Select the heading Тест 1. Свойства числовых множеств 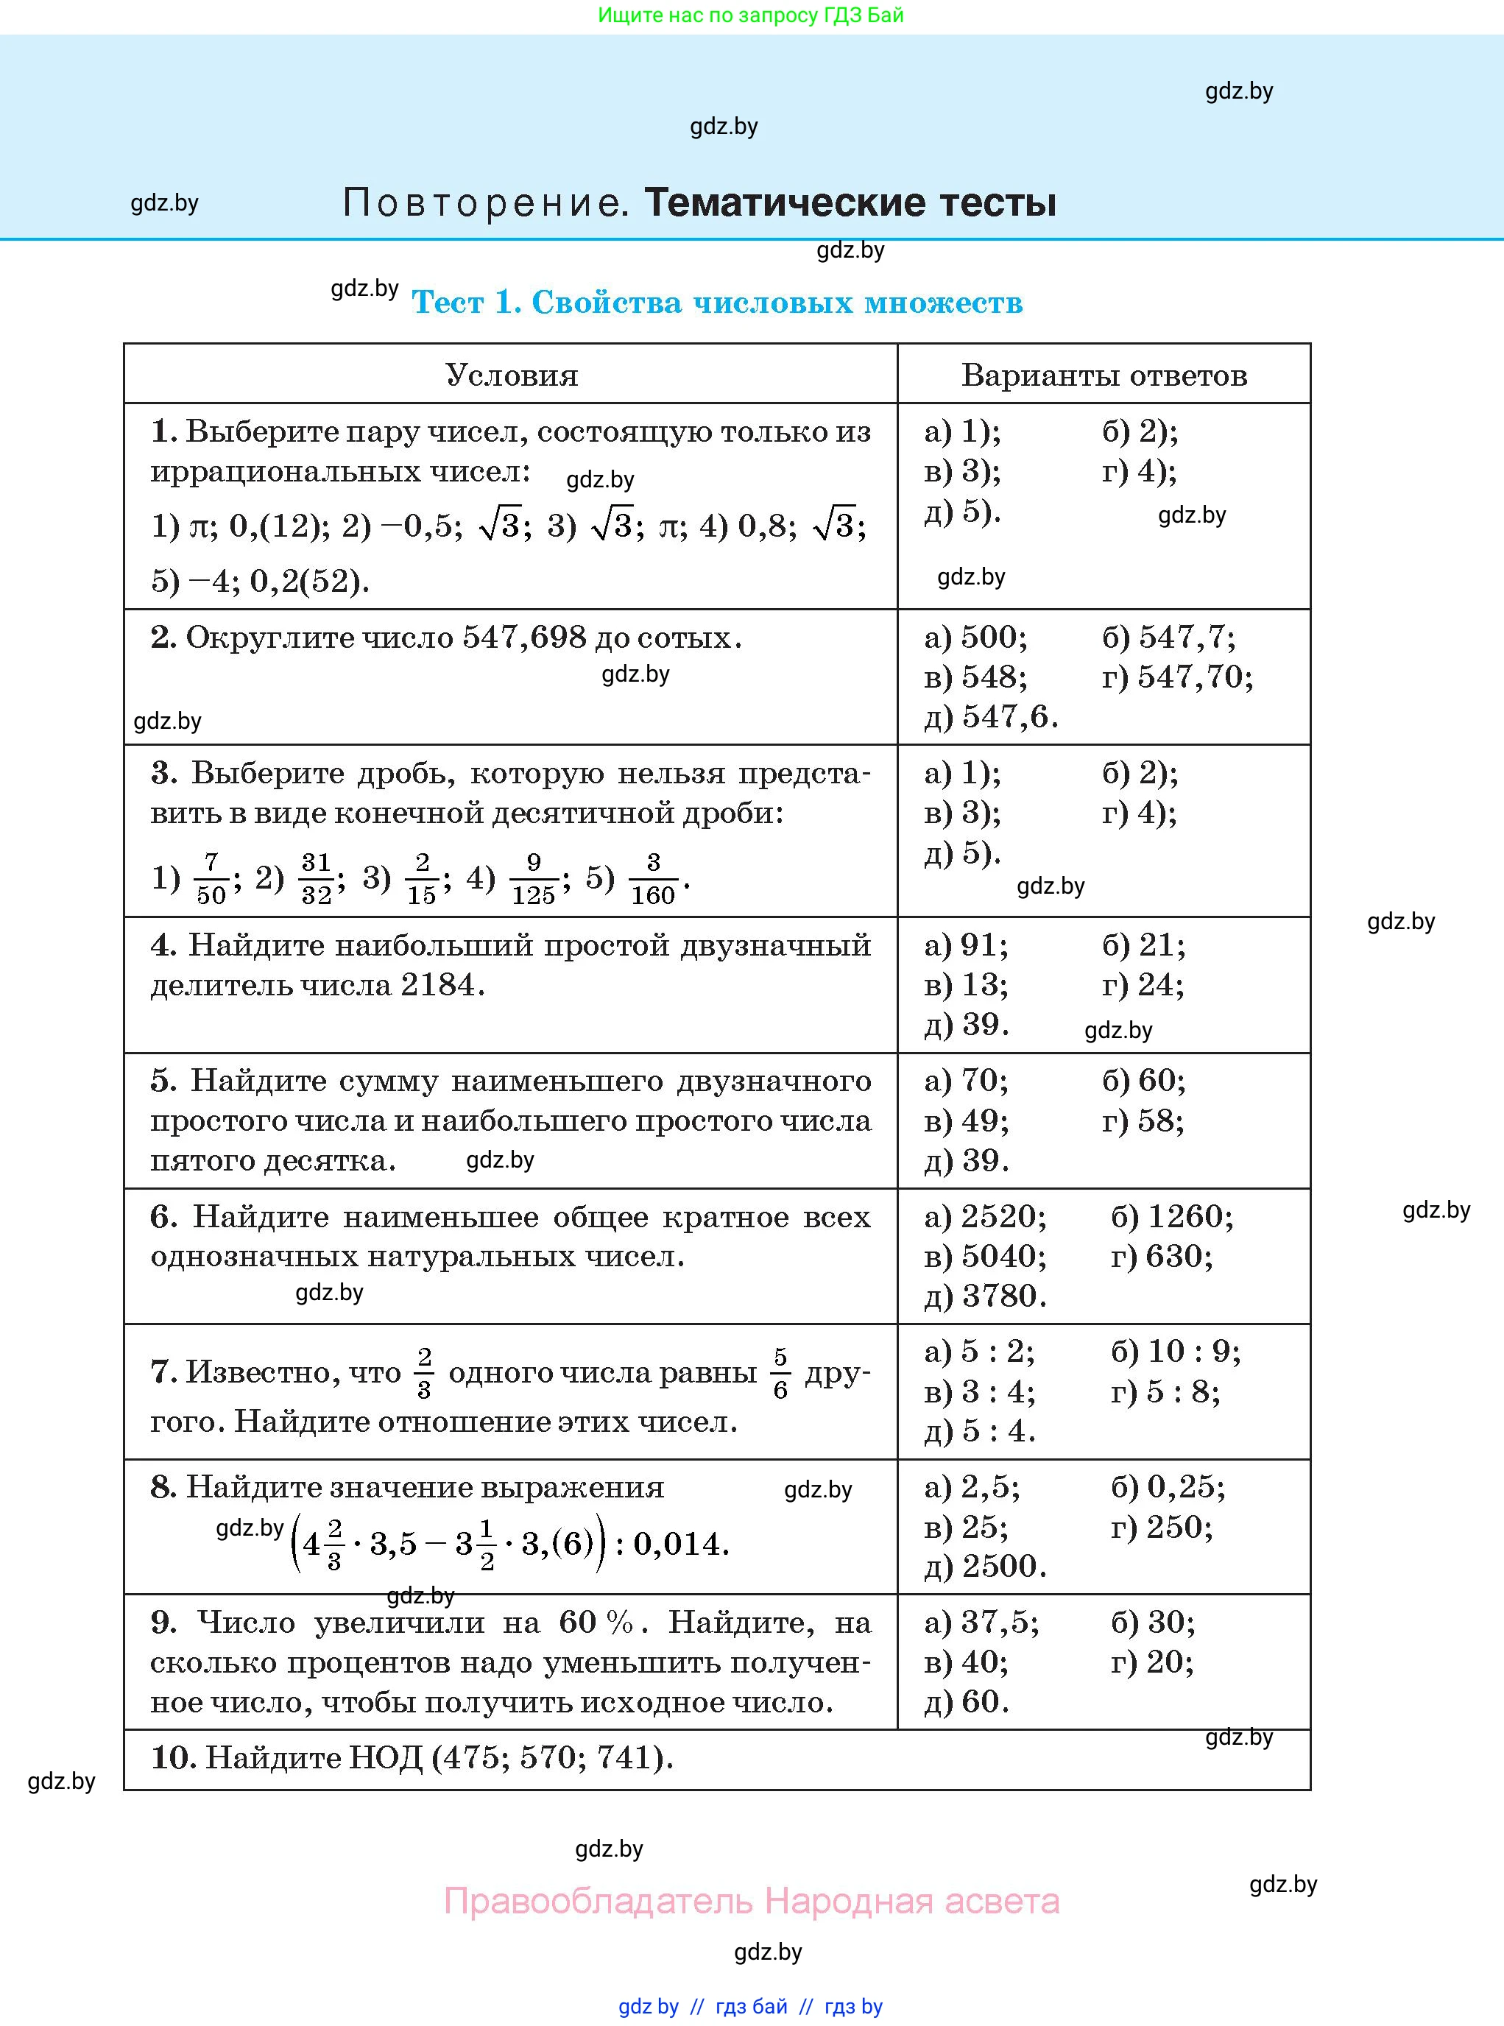point(718,303)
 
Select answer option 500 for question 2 point(993,637)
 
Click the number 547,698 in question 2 point(524,637)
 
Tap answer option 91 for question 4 point(984,945)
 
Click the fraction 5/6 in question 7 point(780,1373)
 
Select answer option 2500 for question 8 point(1003,1565)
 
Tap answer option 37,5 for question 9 point(999,1622)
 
